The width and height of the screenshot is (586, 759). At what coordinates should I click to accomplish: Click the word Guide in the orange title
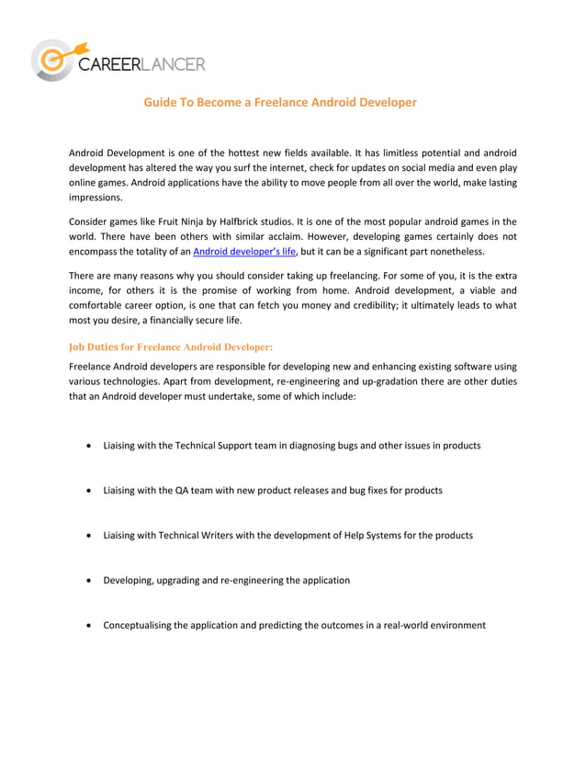point(161,102)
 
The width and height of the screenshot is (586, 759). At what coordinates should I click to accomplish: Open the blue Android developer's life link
point(244,251)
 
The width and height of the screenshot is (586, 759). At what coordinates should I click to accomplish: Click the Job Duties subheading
point(171,347)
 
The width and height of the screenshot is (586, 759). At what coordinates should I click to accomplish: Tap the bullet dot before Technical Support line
point(87,446)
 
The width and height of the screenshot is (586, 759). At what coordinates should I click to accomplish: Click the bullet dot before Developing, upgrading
point(87,581)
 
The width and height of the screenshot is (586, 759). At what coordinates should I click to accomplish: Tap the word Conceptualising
point(140,626)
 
